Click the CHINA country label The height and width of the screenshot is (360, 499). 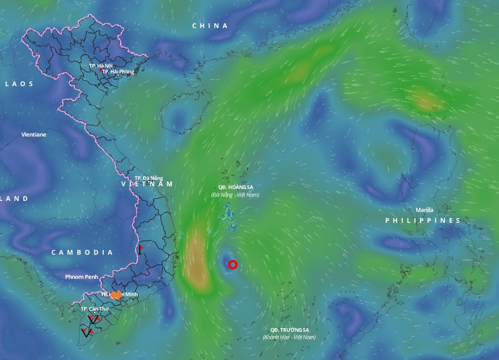point(210,26)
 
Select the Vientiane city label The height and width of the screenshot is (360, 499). point(34,135)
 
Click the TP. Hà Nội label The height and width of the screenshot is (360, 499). point(101,66)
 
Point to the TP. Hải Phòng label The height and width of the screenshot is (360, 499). point(118,72)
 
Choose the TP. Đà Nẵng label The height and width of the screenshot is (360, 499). point(148,178)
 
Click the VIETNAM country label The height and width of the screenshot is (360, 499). point(147,184)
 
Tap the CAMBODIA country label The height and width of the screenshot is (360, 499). point(82,253)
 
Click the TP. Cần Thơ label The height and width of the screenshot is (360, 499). point(92,309)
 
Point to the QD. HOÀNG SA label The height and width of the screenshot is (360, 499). point(235,187)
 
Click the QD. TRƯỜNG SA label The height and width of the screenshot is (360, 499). point(289,330)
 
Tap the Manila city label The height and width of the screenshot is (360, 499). point(424,210)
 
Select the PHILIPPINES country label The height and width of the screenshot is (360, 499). point(423,221)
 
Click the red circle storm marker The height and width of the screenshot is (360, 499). point(232,265)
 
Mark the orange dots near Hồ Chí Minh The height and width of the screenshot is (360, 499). point(116,295)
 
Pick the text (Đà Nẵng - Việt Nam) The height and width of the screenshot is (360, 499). point(235,194)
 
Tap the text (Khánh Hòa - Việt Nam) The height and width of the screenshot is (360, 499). point(289,337)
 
